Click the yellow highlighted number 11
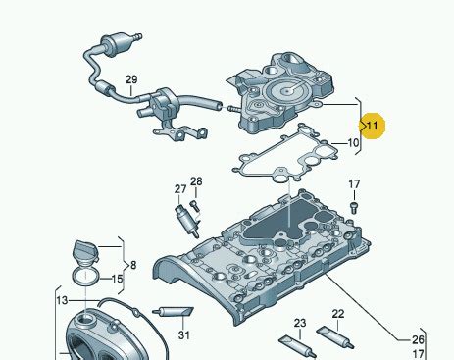point(373,126)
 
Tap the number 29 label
point(131,79)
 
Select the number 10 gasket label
point(353,143)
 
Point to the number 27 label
point(180,189)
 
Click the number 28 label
point(196,181)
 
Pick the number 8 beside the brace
point(133,265)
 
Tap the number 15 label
point(117,279)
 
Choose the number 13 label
point(62,300)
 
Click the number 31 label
point(184,335)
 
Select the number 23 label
point(300,323)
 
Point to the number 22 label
point(338,314)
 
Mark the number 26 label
point(418,340)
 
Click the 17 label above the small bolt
point(354,184)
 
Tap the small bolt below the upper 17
point(354,208)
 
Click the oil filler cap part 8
point(85,252)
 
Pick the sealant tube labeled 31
point(173,312)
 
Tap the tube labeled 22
point(335,337)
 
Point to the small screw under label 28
point(195,206)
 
